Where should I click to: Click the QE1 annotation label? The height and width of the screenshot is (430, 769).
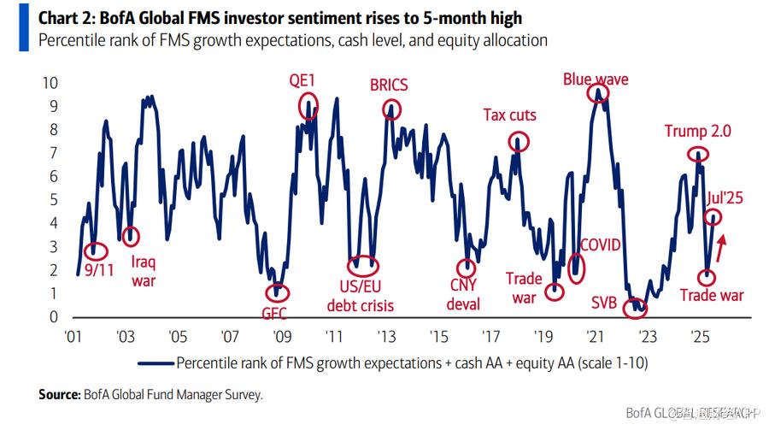click(302, 80)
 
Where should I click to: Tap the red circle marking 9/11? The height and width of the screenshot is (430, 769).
click(97, 251)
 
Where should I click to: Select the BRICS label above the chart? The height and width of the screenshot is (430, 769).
click(389, 85)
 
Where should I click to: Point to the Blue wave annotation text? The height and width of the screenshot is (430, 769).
click(596, 80)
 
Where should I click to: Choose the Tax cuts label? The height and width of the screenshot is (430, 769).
click(510, 115)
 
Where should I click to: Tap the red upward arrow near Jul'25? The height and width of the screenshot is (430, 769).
click(721, 248)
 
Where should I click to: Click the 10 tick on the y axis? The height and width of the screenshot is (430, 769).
click(50, 83)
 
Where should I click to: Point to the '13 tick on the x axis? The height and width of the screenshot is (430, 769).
click(386, 336)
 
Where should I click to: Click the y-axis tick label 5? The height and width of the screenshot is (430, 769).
click(54, 200)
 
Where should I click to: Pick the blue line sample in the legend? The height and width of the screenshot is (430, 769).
click(154, 363)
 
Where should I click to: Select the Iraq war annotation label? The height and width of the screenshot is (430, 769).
click(144, 271)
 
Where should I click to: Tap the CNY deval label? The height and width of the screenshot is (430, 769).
click(464, 294)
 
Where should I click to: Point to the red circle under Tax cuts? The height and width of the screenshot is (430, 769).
click(519, 141)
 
